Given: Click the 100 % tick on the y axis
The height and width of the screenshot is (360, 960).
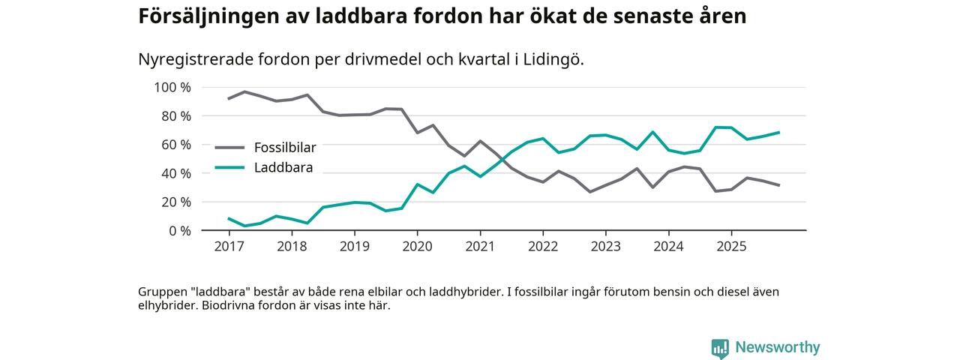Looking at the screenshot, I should (172, 87).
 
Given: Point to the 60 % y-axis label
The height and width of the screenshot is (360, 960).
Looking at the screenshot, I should (175, 144).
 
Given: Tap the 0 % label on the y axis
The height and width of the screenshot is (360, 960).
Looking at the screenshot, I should (178, 230).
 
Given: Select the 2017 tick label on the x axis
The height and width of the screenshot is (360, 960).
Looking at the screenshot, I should (229, 246).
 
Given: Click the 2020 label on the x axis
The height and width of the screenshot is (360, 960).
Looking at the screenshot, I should (417, 246).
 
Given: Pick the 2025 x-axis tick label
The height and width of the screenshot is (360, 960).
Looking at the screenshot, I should (731, 246).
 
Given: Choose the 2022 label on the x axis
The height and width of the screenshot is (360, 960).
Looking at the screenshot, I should (543, 246).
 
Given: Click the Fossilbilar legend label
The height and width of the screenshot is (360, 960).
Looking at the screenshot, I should (285, 148).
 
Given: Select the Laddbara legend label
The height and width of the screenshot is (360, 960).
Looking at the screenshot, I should (283, 167).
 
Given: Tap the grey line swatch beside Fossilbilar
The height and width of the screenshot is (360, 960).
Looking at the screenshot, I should (229, 148).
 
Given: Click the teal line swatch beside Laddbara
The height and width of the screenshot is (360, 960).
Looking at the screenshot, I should (229, 167).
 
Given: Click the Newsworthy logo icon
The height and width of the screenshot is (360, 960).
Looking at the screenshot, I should (720, 348).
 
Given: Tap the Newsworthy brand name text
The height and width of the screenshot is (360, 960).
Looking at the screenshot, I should (778, 348).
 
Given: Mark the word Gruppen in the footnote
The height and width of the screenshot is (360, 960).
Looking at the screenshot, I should (161, 292).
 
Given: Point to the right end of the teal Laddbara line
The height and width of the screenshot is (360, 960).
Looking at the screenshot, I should (780, 133).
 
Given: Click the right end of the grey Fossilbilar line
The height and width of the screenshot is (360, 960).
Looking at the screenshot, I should (780, 185).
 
